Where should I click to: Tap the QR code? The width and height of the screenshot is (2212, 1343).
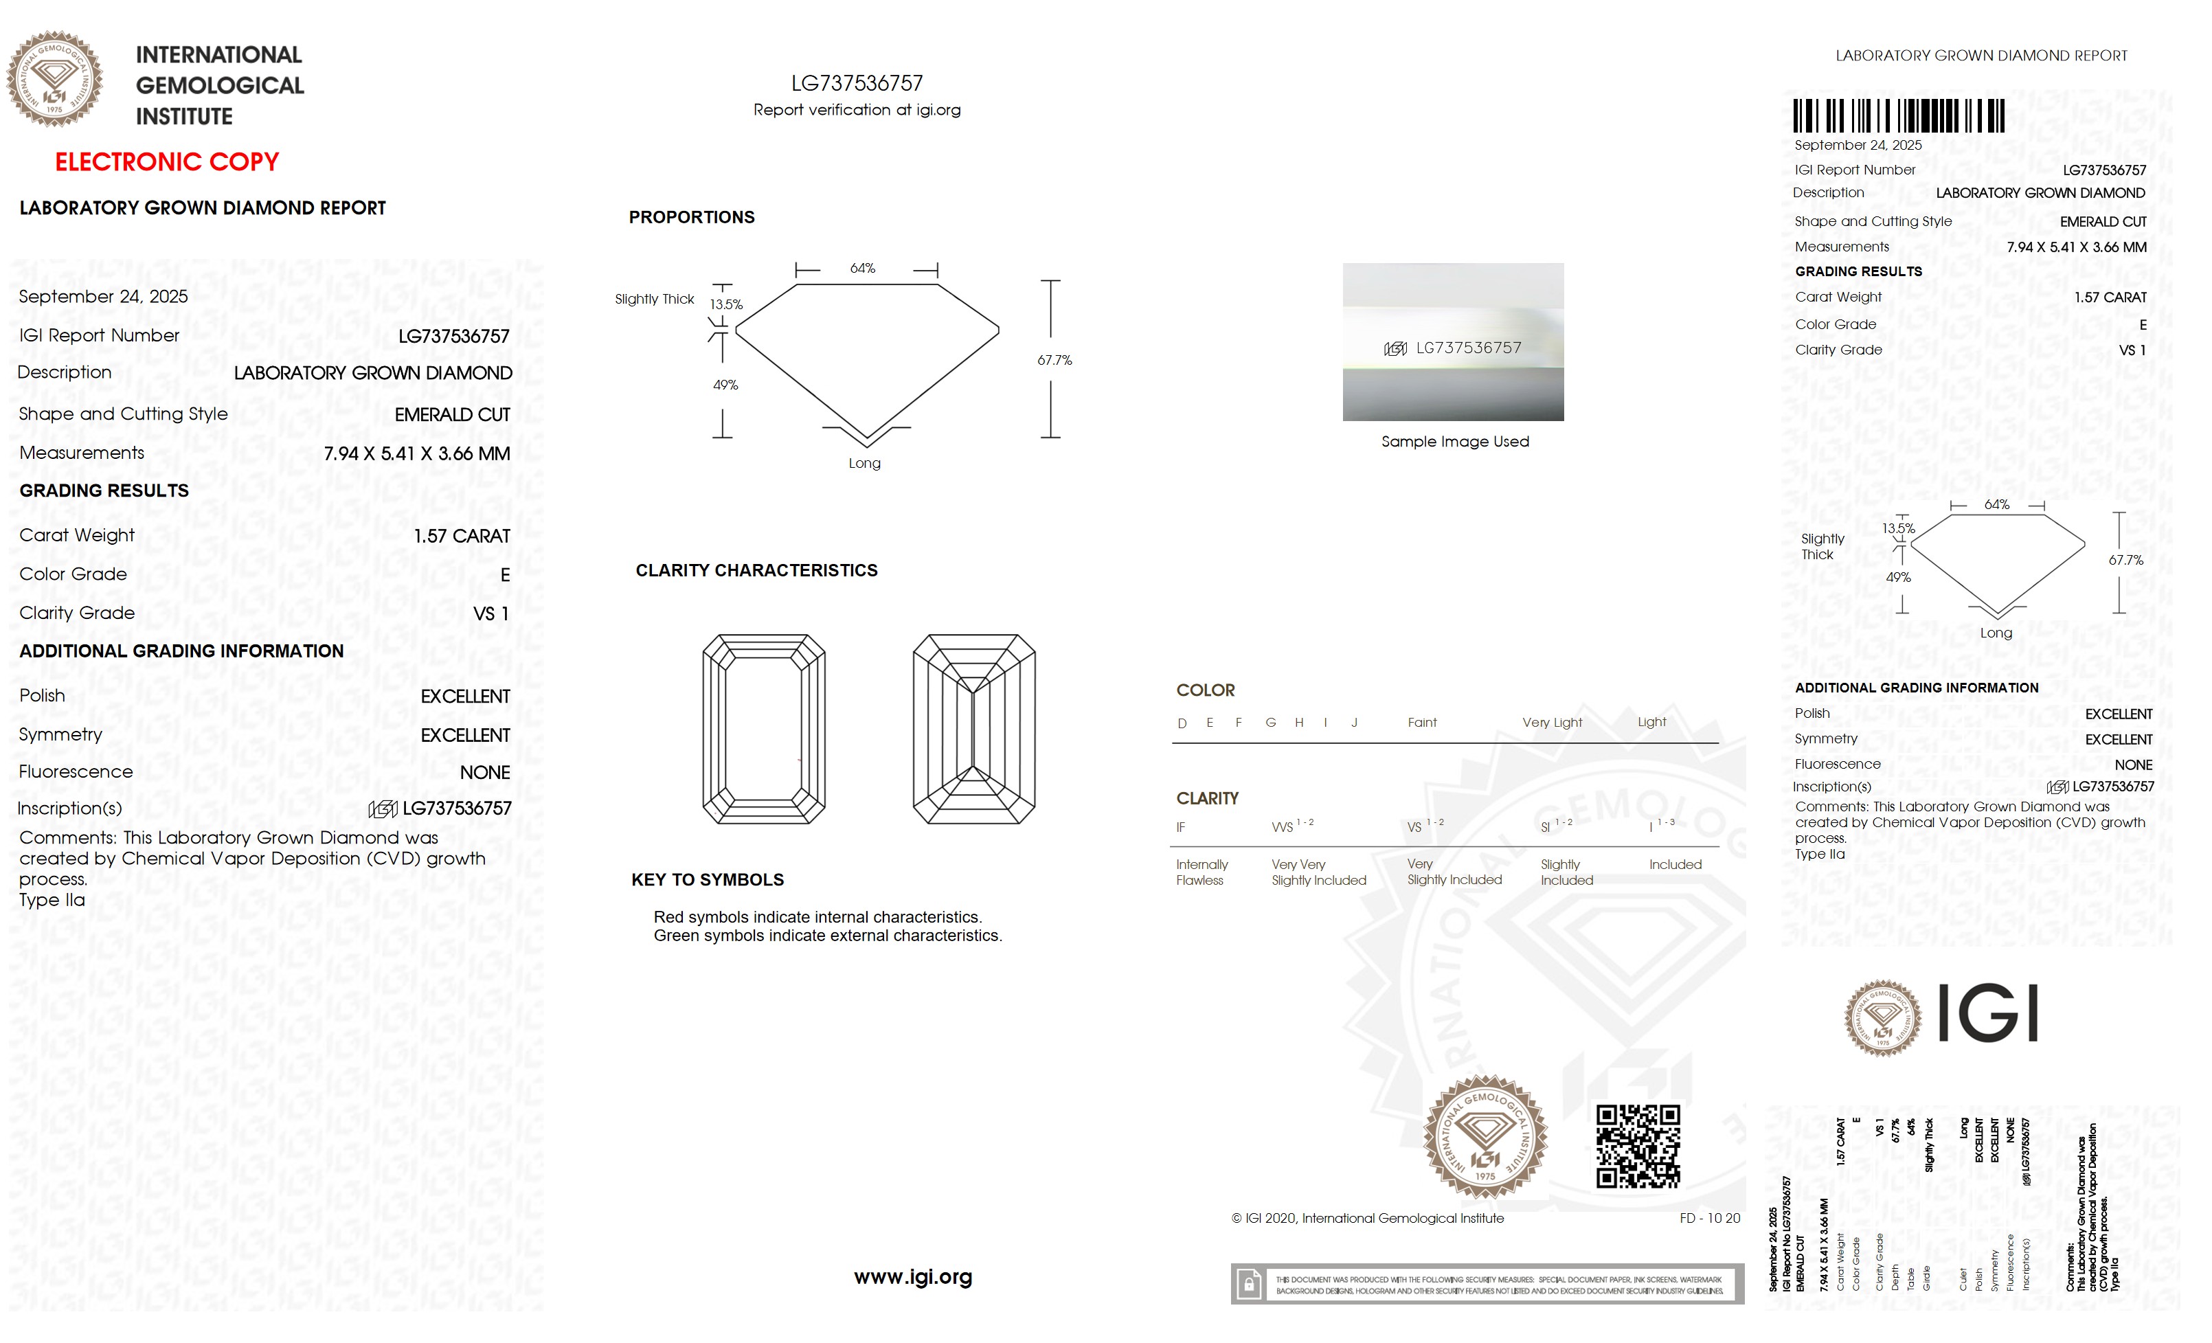(1638, 1146)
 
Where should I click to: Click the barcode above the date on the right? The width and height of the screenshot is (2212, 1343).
(1898, 116)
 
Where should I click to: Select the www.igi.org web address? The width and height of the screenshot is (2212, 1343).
(912, 1276)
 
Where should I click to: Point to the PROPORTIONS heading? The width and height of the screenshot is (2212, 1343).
(691, 217)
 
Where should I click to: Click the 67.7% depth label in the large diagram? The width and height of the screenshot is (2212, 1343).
(1054, 360)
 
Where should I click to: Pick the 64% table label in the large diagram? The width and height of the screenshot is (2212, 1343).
(862, 269)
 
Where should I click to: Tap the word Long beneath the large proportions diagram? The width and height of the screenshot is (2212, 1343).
(864, 463)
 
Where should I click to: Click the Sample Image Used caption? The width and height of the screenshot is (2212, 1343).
(1454, 442)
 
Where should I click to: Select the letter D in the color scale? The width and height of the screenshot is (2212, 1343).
(1182, 723)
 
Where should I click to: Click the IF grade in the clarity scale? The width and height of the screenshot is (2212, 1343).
(1180, 828)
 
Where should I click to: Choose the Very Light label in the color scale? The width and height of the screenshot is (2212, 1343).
(1551, 723)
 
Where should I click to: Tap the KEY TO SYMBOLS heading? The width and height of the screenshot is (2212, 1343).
(708, 880)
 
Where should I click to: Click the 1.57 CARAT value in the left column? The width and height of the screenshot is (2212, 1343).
(462, 536)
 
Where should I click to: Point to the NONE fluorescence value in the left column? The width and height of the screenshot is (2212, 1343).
(485, 772)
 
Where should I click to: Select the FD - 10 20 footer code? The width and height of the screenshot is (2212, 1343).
(1709, 1218)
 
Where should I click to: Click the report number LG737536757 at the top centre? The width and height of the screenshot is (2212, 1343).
(857, 84)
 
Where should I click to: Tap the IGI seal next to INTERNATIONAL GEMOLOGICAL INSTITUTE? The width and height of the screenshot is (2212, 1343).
(55, 79)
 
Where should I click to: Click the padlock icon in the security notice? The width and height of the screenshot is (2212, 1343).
(1248, 1285)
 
